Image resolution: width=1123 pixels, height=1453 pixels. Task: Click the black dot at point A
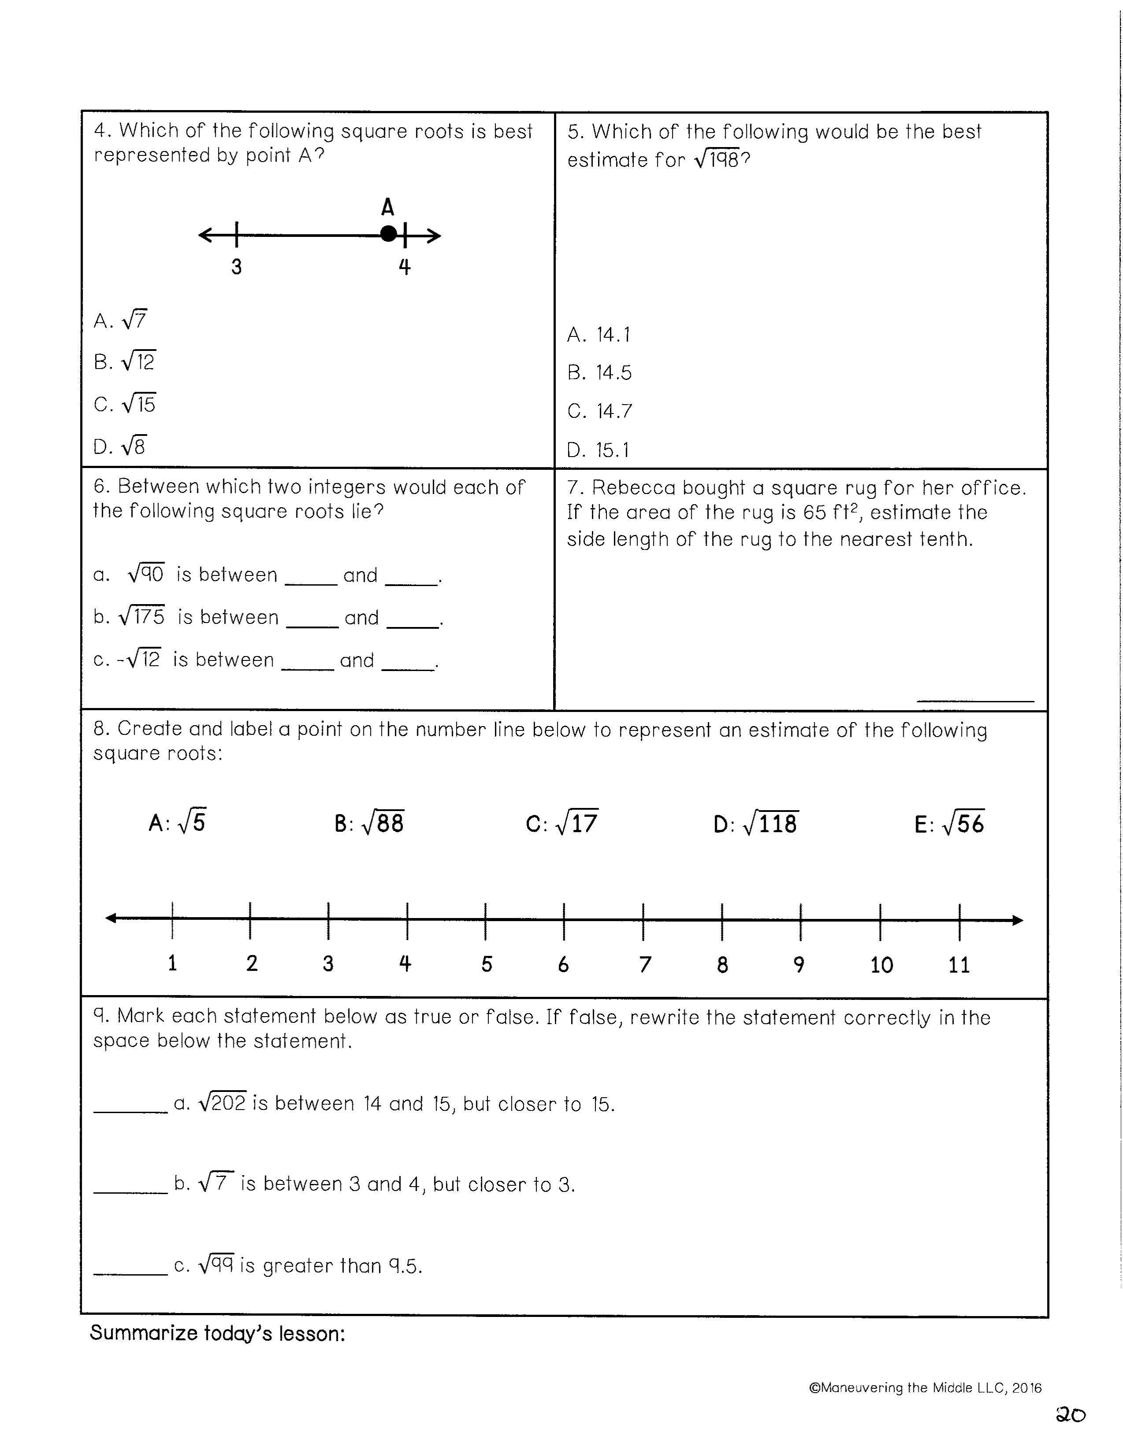[388, 234]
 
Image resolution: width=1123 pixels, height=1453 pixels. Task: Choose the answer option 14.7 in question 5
[599, 411]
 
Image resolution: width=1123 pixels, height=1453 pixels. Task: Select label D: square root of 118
[756, 824]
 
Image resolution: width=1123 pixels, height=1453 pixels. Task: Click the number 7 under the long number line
[644, 964]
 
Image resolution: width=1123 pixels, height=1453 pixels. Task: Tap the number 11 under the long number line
[959, 965]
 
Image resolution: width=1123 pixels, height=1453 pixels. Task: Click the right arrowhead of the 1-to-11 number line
[1017, 921]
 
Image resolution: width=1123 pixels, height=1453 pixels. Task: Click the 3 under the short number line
[236, 267]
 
